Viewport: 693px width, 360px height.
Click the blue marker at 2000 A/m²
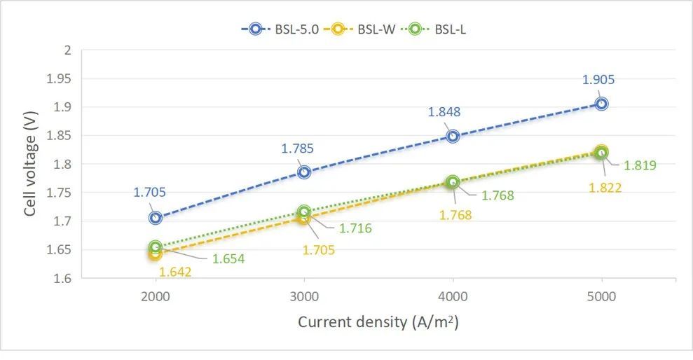(x=155, y=218)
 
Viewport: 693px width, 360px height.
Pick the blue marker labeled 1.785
(x=304, y=172)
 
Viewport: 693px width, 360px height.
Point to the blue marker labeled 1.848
(x=453, y=136)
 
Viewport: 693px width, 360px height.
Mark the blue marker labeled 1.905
(x=601, y=104)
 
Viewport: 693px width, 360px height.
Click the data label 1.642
(x=175, y=272)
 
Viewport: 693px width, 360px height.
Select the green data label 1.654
(x=228, y=259)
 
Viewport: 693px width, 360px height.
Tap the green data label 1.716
(x=355, y=228)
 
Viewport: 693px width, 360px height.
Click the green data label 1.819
(x=640, y=165)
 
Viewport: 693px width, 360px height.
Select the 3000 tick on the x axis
(x=304, y=296)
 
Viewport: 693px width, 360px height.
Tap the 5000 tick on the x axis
(x=601, y=296)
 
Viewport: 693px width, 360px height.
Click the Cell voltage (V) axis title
(x=30, y=164)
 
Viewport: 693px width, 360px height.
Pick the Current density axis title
(x=378, y=322)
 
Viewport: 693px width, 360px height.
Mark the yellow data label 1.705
(x=319, y=249)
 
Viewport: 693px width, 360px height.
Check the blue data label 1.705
(x=150, y=192)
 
